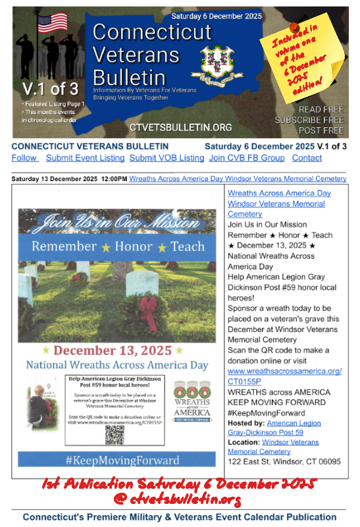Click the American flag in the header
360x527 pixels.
click(x=53, y=23)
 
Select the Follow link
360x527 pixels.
click(x=24, y=158)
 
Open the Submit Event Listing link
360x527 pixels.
click(x=85, y=158)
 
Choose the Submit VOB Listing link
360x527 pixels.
click(x=167, y=158)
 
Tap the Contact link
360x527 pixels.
click(x=307, y=158)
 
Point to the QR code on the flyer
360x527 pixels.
click(x=115, y=435)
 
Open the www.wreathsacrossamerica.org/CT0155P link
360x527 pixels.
click(x=284, y=376)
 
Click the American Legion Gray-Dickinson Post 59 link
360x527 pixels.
click(x=274, y=428)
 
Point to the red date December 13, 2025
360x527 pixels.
click(x=109, y=350)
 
